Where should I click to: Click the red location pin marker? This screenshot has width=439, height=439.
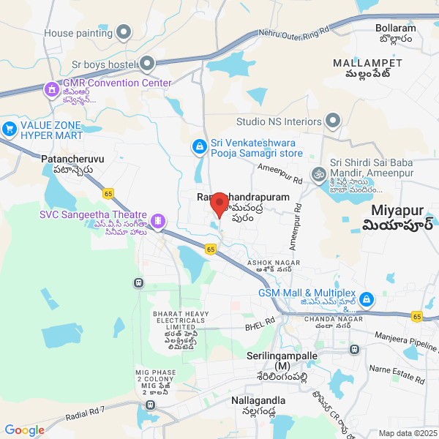219,206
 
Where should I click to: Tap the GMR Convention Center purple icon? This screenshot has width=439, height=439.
51,89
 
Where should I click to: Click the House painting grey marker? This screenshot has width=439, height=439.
124,32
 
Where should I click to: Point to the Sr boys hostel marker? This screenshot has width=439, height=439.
147,64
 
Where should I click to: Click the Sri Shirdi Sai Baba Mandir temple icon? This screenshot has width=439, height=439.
318,174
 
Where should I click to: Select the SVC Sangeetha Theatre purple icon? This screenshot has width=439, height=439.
157,220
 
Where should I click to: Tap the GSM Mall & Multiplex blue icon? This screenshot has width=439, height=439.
367,299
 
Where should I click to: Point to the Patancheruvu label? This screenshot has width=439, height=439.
73,159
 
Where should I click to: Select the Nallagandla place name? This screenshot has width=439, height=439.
258,401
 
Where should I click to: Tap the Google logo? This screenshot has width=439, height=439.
25,430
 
